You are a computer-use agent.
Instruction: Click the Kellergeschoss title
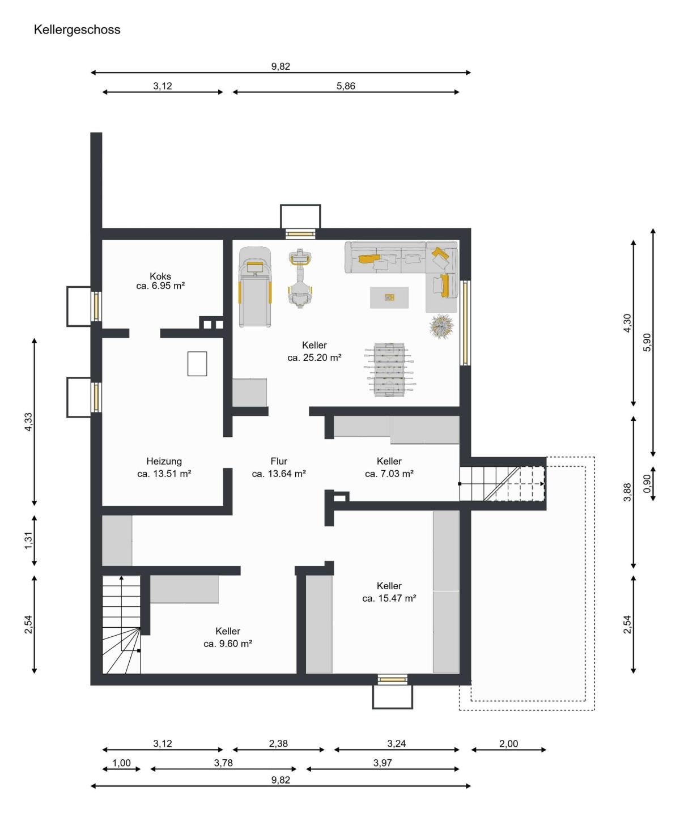pos(77,30)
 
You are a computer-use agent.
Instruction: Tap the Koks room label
pos(160,276)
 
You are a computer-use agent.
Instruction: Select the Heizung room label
pos(164,461)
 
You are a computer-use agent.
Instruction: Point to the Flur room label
pos(279,461)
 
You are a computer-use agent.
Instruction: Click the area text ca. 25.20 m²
pos(314,357)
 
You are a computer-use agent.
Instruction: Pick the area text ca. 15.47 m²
pos(389,598)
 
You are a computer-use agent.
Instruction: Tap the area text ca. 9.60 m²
pos(228,644)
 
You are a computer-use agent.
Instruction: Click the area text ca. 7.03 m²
pos(389,474)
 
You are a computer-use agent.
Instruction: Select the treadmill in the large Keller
pos(255,287)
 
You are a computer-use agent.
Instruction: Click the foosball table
pos(389,369)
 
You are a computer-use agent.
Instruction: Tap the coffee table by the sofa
pos(389,297)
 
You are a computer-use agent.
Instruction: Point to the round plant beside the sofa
pos(441,326)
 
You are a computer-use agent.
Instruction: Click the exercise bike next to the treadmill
pos(300,278)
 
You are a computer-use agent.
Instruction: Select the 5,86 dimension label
pos(346,86)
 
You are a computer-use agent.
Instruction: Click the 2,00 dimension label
pos(509,744)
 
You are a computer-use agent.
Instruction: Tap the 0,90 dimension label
pos(647,483)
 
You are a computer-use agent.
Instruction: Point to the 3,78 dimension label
pos(223,763)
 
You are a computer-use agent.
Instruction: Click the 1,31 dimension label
pos(28,540)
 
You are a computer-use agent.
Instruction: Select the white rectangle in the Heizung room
pos(197,364)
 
